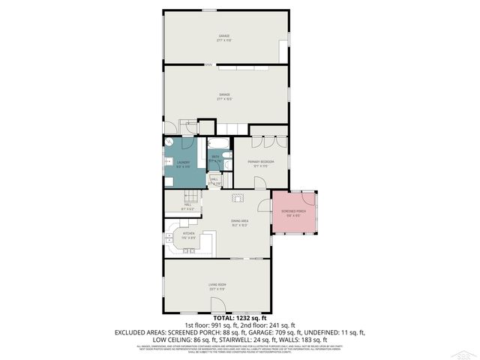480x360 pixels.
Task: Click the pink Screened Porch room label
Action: (292, 212)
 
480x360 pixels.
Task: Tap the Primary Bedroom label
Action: (260, 162)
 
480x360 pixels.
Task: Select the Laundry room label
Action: (182, 162)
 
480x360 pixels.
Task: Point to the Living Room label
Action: (217, 286)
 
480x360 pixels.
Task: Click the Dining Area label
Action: (239, 221)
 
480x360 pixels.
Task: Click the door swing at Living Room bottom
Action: (218, 305)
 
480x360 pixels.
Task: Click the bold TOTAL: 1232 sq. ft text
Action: (239, 318)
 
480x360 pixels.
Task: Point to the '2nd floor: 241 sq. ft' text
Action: (265, 325)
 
